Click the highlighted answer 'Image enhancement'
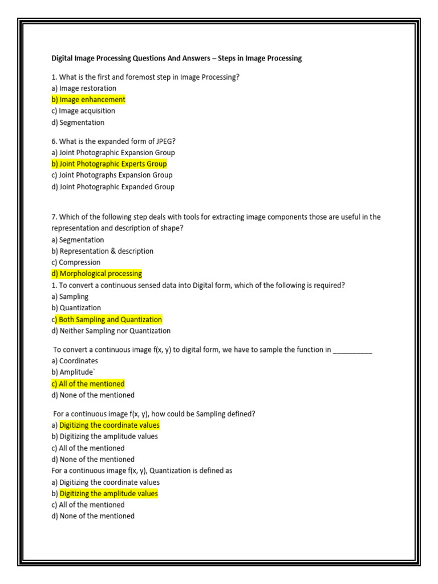click(88, 100)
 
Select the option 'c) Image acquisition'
click(83, 111)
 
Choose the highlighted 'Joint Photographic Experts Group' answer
click(109, 164)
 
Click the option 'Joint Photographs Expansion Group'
click(112, 175)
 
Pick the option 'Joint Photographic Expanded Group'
click(113, 186)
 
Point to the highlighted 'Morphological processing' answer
click(97, 274)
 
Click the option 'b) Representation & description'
click(103, 251)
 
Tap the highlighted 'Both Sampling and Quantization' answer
click(107, 319)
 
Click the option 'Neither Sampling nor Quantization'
click(111, 331)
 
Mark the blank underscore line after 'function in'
click(352, 350)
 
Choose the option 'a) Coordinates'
click(75, 361)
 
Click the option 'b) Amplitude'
click(72, 372)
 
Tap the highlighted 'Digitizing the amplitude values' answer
click(108, 494)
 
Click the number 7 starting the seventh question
click(54, 217)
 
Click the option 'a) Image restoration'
click(84, 88)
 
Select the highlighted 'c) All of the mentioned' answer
click(88, 384)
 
